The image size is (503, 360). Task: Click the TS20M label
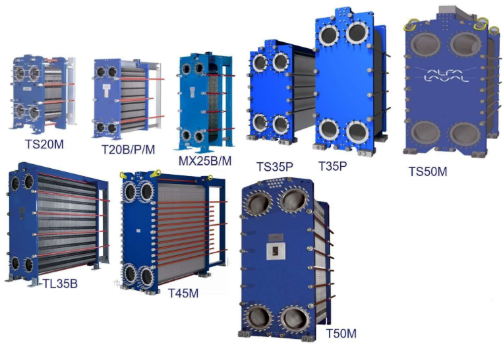click(x=44, y=144)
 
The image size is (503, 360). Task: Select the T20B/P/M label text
click(x=128, y=150)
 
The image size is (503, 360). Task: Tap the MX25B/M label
click(x=204, y=161)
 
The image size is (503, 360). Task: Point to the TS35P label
click(x=275, y=167)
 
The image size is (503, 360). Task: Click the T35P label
click(x=332, y=166)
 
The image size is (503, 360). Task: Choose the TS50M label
click(x=428, y=171)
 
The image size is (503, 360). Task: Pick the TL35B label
click(x=60, y=284)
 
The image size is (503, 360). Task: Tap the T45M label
click(x=183, y=293)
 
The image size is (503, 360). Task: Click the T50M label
click(x=341, y=334)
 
